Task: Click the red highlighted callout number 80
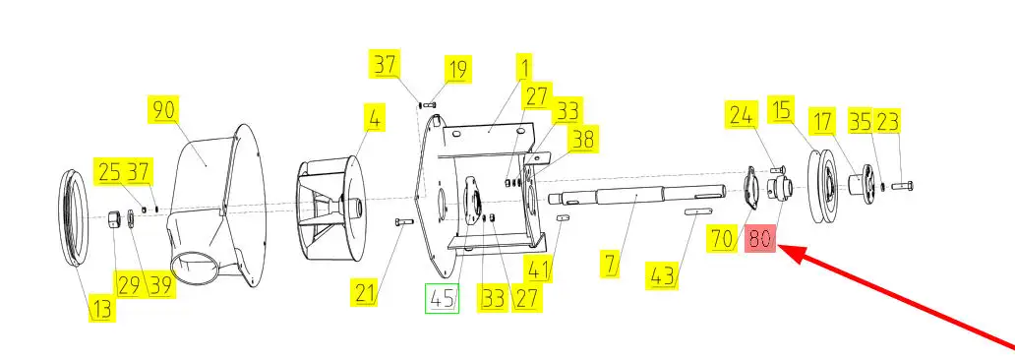tap(760, 239)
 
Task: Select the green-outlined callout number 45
tap(442, 298)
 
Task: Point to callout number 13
tap(101, 308)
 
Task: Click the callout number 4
tap(375, 119)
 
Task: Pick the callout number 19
tap(457, 69)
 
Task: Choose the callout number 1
tap(523, 68)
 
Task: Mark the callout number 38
tap(582, 139)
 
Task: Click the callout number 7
tap(611, 265)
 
